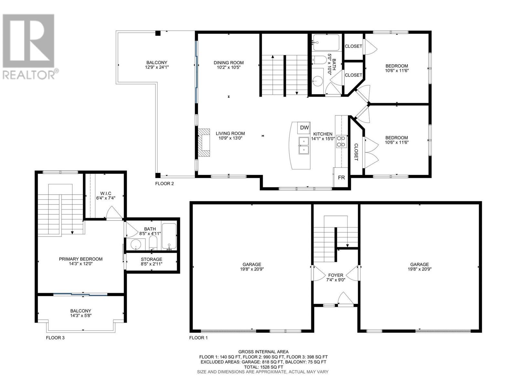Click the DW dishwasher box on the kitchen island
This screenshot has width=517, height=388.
(304, 127)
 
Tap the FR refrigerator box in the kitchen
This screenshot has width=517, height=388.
(341, 177)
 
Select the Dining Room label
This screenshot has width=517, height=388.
(228, 63)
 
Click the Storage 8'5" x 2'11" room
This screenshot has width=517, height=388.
(152, 261)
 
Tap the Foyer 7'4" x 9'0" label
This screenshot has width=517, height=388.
(336, 277)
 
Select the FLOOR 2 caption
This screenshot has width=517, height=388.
(164, 184)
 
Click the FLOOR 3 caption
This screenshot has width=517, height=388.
(55, 338)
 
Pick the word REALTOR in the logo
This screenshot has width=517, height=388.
(28, 75)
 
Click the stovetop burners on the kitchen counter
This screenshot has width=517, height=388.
(341, 141)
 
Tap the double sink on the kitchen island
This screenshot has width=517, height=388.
(303, 145)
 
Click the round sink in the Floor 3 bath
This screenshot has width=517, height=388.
(135, 245)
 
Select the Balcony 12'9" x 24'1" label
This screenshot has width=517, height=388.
(157, 65)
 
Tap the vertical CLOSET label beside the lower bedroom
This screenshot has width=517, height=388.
(356, 152)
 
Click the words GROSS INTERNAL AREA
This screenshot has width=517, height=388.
(263, 352)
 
